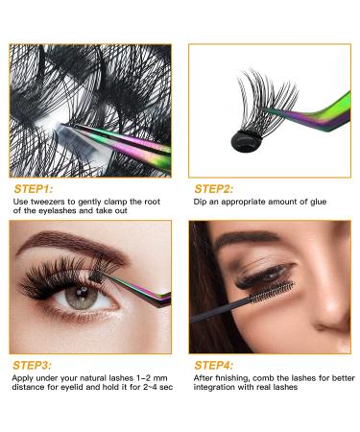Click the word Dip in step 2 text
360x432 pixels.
(201, 202)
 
